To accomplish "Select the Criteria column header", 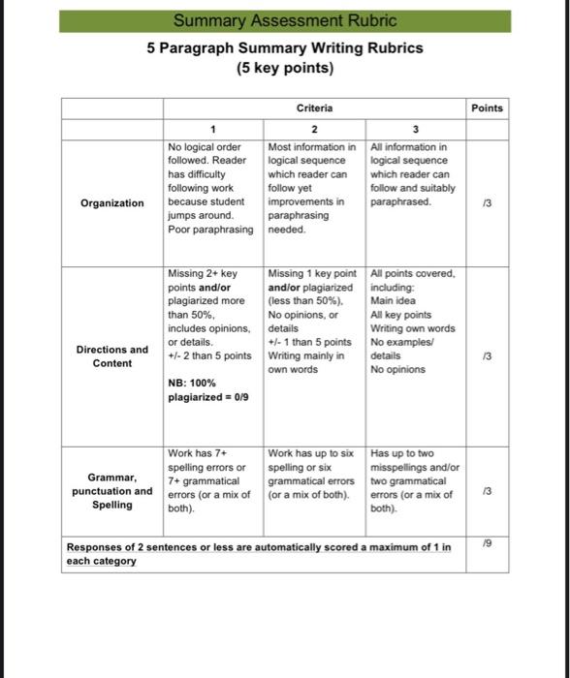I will (x=312, y=108).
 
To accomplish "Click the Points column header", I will (x=487, y=108).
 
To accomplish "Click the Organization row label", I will (x=112, y=202).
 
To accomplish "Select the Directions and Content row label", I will (x=112, y=355).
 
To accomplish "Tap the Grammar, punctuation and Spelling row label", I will (x=112, y=490).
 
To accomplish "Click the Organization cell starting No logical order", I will (x=211, y=188).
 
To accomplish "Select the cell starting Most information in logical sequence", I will (x=313, y=188).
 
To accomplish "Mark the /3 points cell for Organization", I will (x=487, y=203).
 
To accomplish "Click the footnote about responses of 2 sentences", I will (x=258, y=554).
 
